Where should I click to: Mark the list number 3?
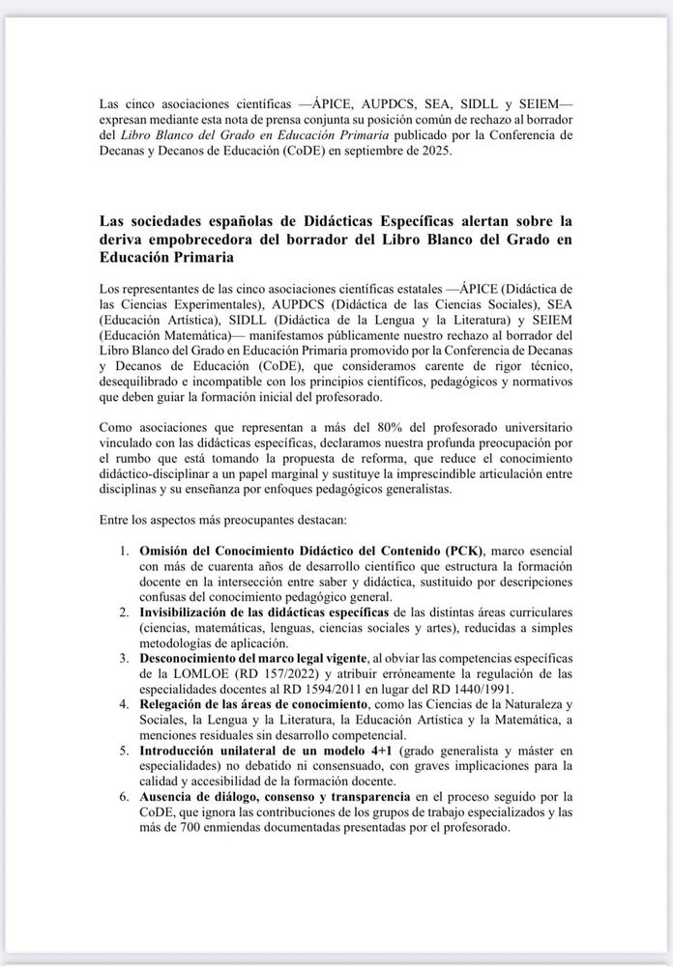[124, 660]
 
